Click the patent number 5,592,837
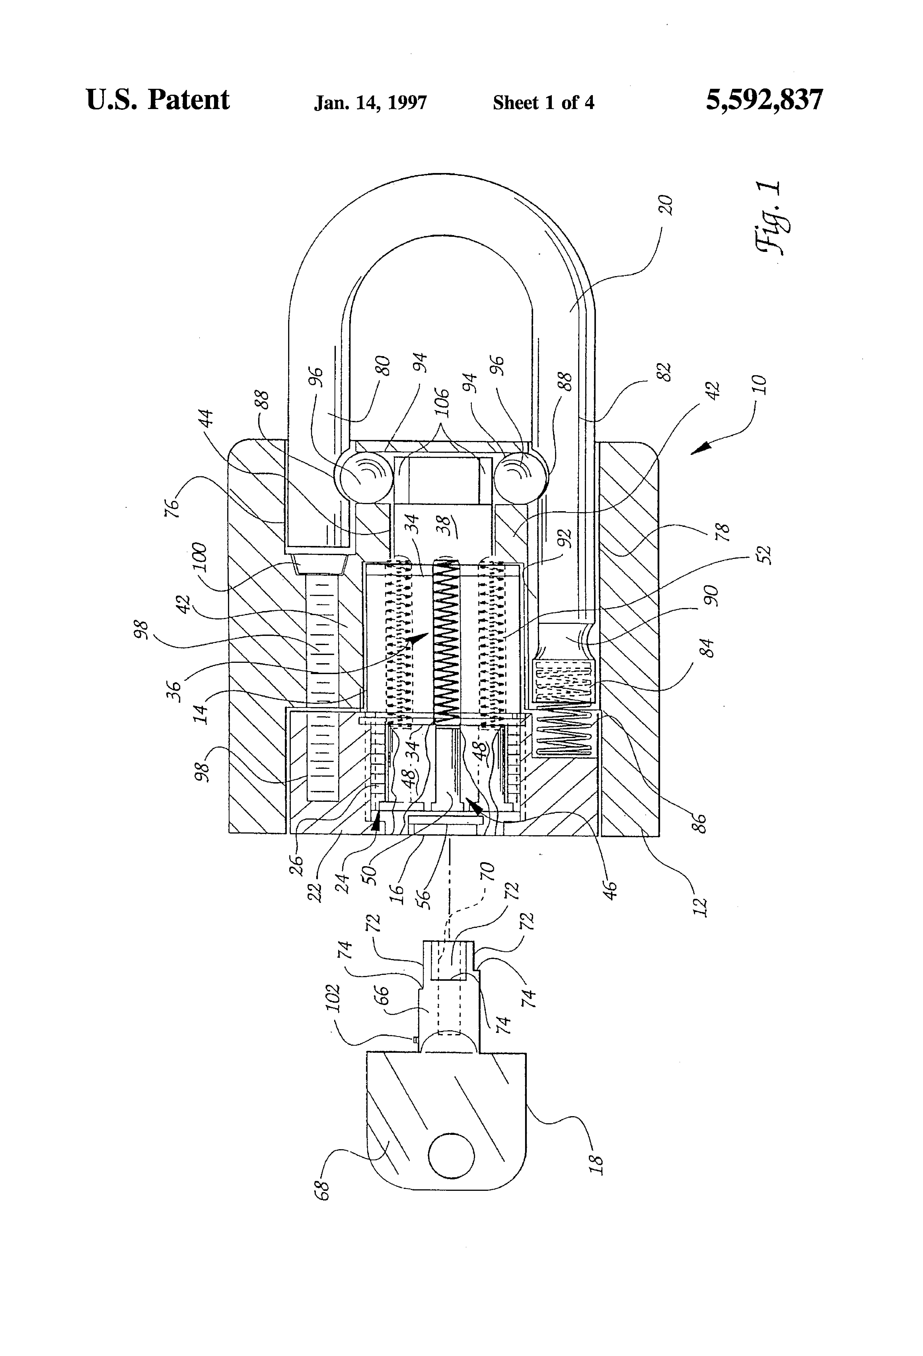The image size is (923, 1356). tap(764, 100)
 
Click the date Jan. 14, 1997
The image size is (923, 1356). tap(370, 103)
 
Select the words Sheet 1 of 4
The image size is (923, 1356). tap(543, 103)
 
